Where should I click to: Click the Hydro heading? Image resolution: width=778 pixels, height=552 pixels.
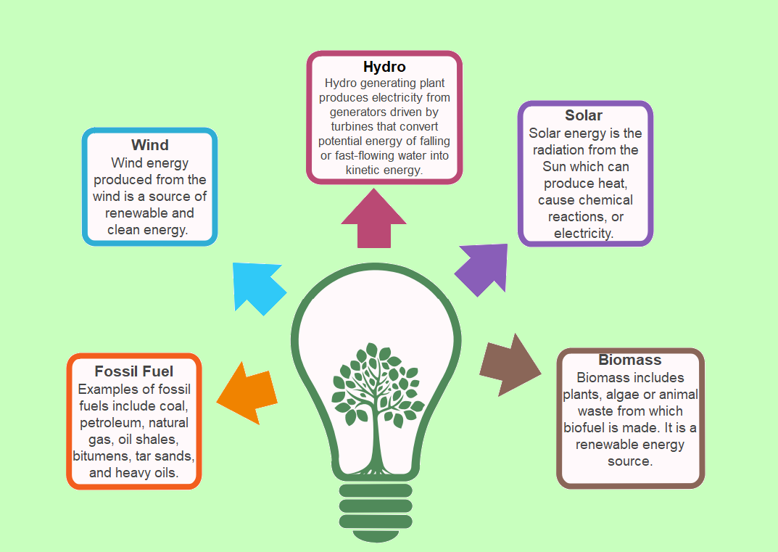point(384,67)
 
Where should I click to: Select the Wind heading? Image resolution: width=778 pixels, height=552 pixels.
point(150,145)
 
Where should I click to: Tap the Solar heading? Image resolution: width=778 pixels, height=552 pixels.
point(584,115)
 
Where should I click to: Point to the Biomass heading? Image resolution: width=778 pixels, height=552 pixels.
point(630,360)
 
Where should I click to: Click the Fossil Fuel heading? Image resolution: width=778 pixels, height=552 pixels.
point(134,371)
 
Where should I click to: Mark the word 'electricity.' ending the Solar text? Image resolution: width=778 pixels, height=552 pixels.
point(584,233)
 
